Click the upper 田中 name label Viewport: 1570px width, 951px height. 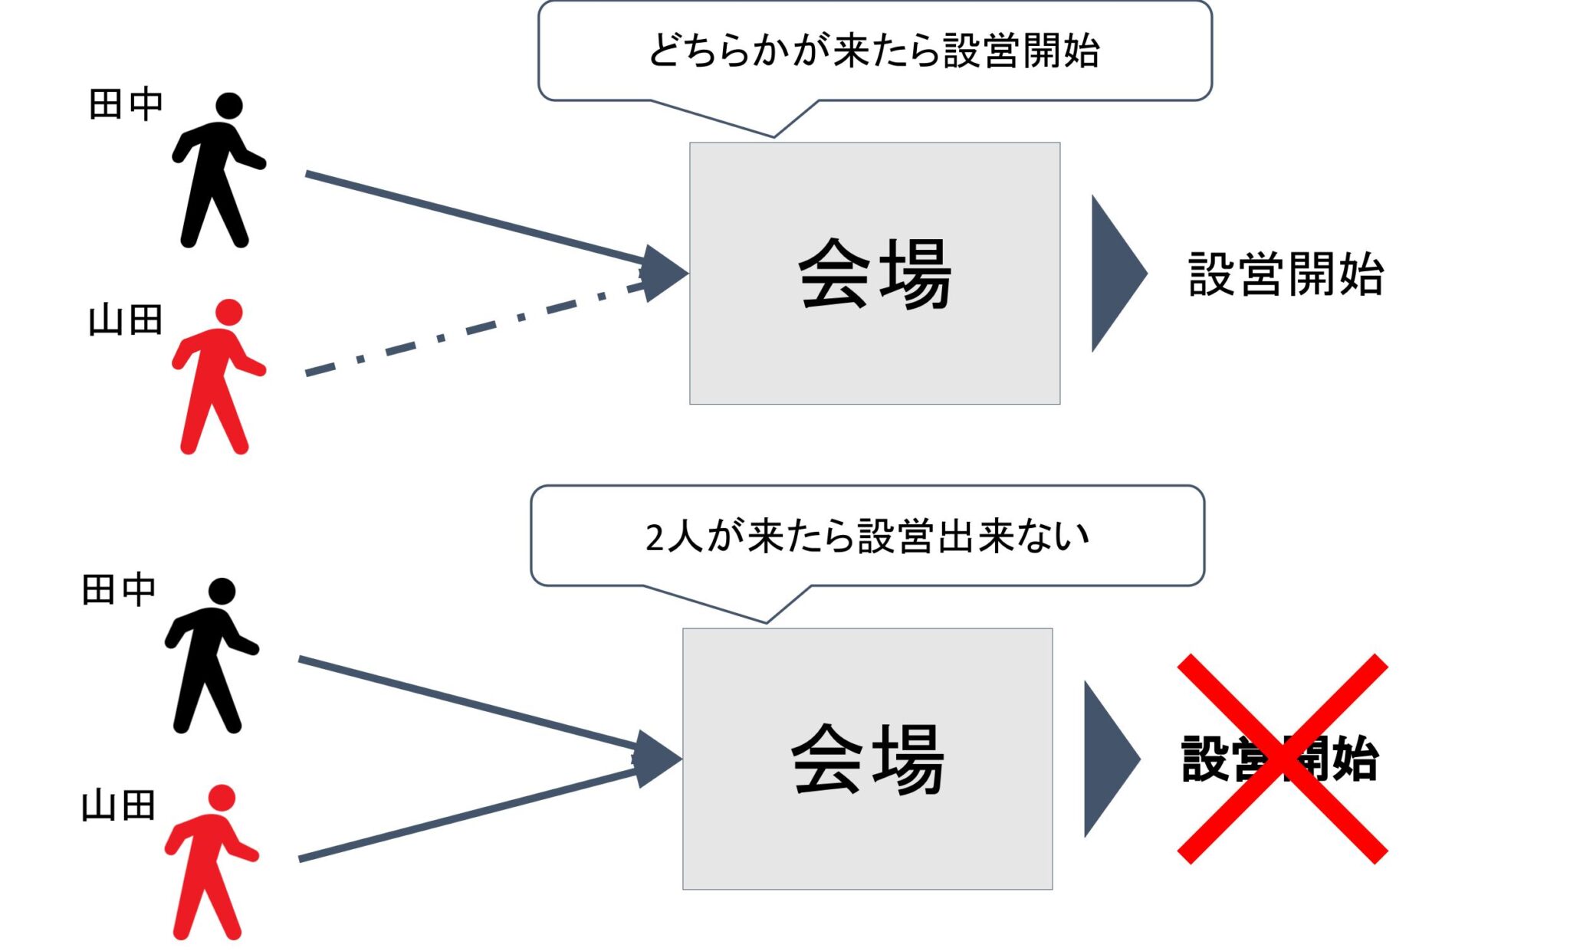pyautogui.click(x=126, y=104)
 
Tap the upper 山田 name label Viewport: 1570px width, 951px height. pyautogui.click(x=126, y=320)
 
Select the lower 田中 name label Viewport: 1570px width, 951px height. pyautogui.click(x=119, y=590)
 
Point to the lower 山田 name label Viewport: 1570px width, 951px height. pyautogui.click(x=119, y=806)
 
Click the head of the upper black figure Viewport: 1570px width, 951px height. pyautogui.click(x=228, y=106)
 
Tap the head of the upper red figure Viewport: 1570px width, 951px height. pyautogui.click(x=228, y=313)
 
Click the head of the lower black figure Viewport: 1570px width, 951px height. pyautogui.click(x=222, y=591)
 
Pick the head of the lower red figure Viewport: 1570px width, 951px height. pyautogui.click(x=222, y=798)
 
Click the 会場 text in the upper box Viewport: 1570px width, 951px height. pyautogui.click(x=875, y=274)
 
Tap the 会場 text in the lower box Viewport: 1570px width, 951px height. pyautogui.click(x=867, y=759)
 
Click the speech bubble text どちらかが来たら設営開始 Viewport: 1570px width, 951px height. pyautogui.click(x=874, y=51)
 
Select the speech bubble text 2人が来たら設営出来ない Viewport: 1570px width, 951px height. pyautogui.click(x=867, y=536)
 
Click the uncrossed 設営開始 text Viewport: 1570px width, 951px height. pyautogui.click(x=1286, y=274)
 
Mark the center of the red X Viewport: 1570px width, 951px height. pyautogui.click(x=1283, y=759)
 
